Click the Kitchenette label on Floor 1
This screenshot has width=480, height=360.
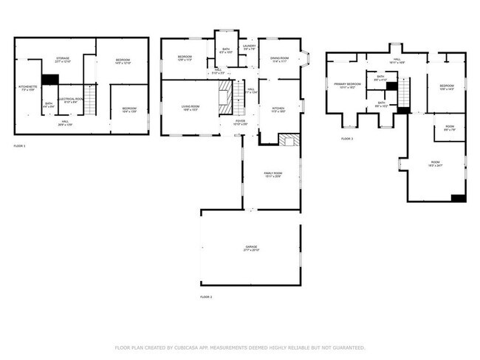click(x=27, y=88)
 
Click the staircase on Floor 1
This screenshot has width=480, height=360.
click(x=91, y=100)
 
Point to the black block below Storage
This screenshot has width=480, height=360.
click(x=50, y=80)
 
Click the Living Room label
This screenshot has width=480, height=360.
click(x=191, y=108)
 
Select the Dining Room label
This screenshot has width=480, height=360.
click(x=279, y=59)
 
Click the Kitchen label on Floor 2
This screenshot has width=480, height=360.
click(x=278, y=108)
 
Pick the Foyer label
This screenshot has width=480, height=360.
click(x=240, y=122)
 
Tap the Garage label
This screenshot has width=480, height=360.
click(x=252, y=247)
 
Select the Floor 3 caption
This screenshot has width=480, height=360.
click(x=347, y=139)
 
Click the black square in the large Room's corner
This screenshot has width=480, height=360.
click(x=458, y=198)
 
